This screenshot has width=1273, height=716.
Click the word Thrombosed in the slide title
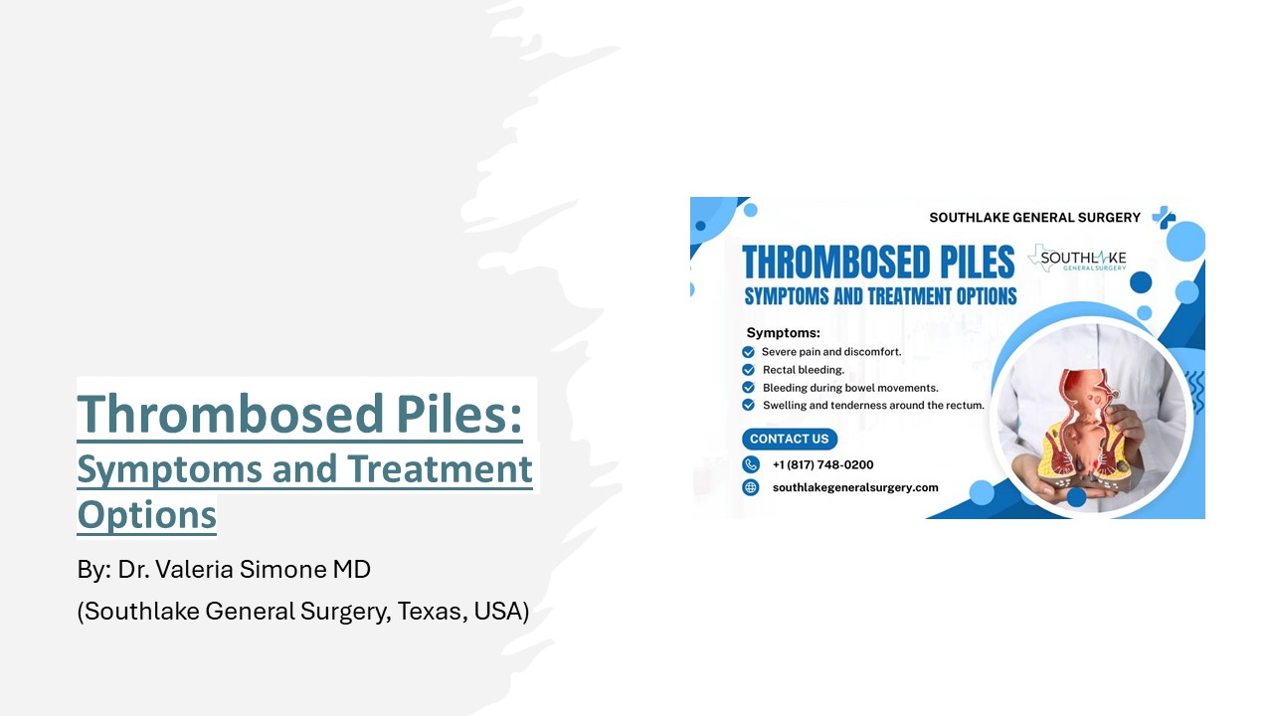tap(215, 414)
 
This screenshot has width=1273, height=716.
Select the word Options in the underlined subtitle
tap(146, 515)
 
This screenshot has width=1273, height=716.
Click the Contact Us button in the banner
tap(790, 439)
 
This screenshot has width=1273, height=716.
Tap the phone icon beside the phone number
tap(751, 464)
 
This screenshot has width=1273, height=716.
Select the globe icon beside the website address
tap(751, 487)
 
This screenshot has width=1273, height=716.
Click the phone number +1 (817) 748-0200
tap(822, 464)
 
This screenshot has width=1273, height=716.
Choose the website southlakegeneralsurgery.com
tap(855, 487)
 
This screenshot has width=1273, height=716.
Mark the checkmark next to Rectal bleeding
tap(749, 370)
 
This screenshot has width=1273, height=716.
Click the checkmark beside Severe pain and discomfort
tap(749, 352)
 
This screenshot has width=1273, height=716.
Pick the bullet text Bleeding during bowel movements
tap(850, 388)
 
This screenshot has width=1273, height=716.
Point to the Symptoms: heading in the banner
tap(783, 333)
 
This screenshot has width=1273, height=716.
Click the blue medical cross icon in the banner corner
tap(1163, 217)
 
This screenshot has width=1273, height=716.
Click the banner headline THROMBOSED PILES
tap(878, 263)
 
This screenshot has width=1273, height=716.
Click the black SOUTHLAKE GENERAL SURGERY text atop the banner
tap(1034, 217)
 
